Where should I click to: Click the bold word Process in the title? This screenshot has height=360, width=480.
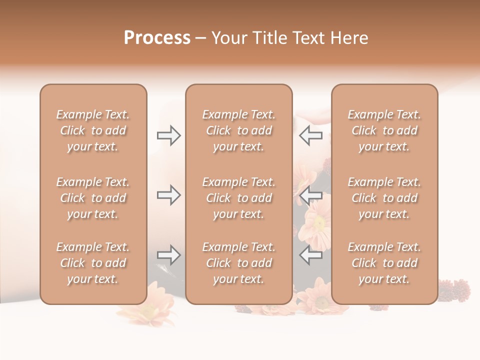[x=157, y=38]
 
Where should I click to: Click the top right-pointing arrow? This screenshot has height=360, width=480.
[x=168, y=135]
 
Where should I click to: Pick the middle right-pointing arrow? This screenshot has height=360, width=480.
[x=168, y=195]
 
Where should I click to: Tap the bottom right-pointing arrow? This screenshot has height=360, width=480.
[x=168, y=255]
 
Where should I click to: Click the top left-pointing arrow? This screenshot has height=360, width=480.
[x=311, y=135]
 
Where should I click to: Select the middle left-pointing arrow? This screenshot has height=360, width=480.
[x=311, y=195]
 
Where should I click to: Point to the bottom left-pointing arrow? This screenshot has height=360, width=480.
[x=311, y=255]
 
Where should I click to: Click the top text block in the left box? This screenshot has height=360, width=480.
[x=93, y=130]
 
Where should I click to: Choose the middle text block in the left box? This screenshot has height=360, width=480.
[x=93, y=198]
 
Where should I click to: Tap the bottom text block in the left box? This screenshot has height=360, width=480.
[x=93, y=263]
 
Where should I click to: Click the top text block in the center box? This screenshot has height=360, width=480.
[x=238, y=130]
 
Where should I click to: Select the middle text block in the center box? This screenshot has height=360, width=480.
[x=238, y=198]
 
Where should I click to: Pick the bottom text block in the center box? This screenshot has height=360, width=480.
[x=238, y=263]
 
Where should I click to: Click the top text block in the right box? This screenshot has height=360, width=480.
[x=384, y=130]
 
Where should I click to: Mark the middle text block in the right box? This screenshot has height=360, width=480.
[x=384, y=198]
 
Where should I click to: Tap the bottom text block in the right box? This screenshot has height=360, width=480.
[x=384, y=263]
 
